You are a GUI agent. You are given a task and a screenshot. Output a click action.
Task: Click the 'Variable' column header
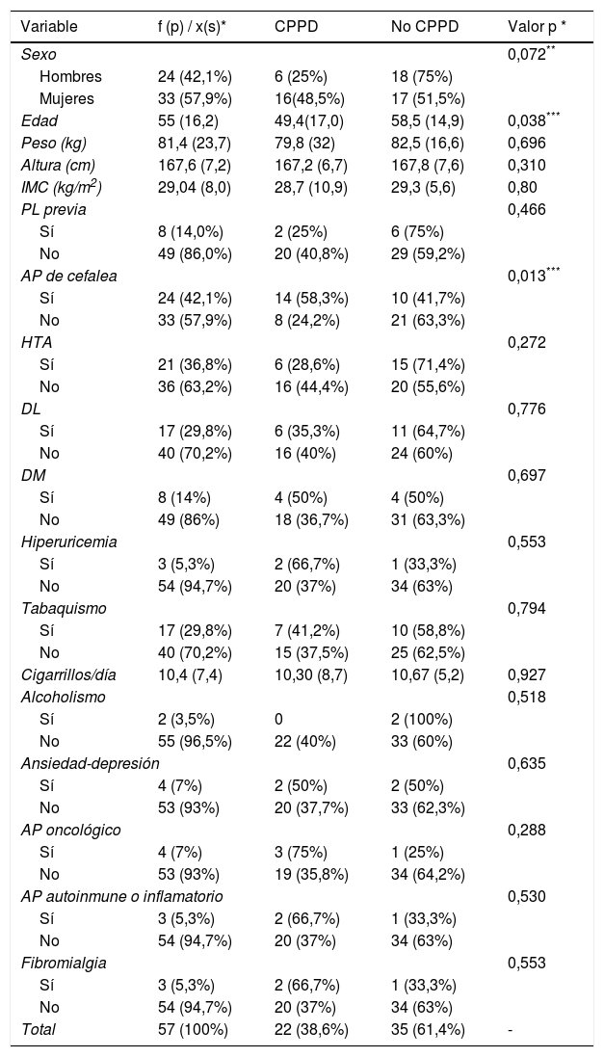[x=49, y=27]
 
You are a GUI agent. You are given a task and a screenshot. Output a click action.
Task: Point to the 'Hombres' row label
[x=70, y=76]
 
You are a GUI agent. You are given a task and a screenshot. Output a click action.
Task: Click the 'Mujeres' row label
[x=68, y=98]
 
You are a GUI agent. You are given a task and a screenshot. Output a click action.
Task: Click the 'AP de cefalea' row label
[x=69, y=276]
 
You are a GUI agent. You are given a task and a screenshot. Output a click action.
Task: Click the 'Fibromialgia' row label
[x=64, y=963]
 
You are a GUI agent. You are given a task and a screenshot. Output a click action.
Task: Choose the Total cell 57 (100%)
[x=193, y=1029]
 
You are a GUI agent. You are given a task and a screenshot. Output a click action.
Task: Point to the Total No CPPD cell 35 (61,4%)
[x=428, y=1029]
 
